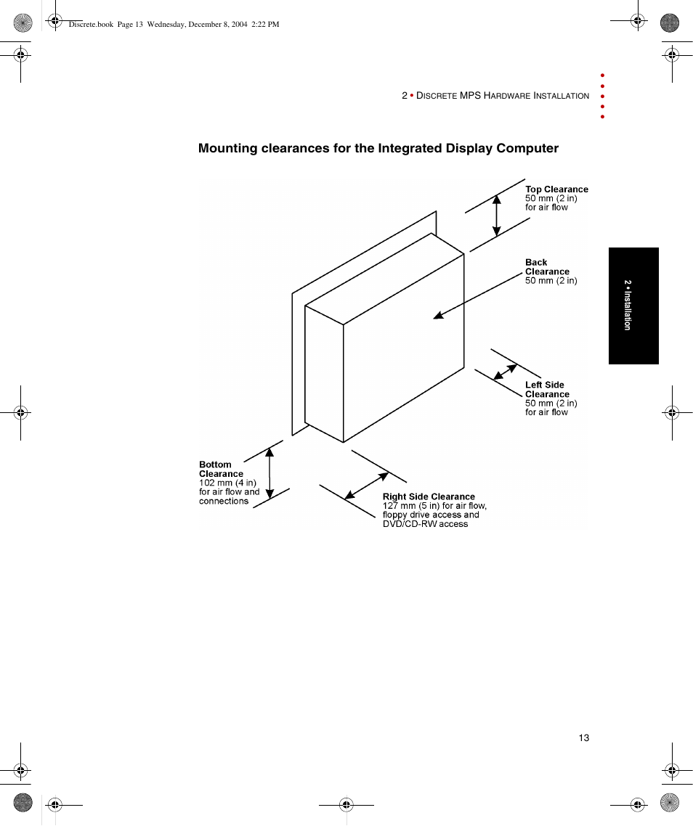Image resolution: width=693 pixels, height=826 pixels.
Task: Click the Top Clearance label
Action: [x=556, y=189]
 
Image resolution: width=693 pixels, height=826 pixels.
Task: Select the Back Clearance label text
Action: [x=546, y=267]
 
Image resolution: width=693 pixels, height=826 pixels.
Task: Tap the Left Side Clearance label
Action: [x=546, y=390]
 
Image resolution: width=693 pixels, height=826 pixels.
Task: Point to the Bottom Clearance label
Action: [x=221, y=470]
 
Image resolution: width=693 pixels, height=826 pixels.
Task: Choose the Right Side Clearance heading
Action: [x=429, y=497]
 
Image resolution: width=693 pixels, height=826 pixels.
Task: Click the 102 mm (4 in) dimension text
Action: [x=227, y=483]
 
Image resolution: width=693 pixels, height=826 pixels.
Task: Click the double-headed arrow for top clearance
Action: [x=497, y=216]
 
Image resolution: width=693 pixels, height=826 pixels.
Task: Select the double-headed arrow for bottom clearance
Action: [x=269, y=473]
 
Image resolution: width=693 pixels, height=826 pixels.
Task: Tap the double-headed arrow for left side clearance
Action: [x=506, y=371]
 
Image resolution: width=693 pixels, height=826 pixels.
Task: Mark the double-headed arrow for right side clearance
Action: [x=367, y=486]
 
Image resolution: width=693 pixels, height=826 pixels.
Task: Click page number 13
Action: [x=584, y=738]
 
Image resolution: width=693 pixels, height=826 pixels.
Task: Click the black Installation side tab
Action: [x=633, y=306]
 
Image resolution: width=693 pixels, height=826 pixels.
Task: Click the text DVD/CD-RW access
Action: [x=425, y=524]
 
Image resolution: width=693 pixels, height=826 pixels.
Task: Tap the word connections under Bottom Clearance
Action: [x=224, y=502]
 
